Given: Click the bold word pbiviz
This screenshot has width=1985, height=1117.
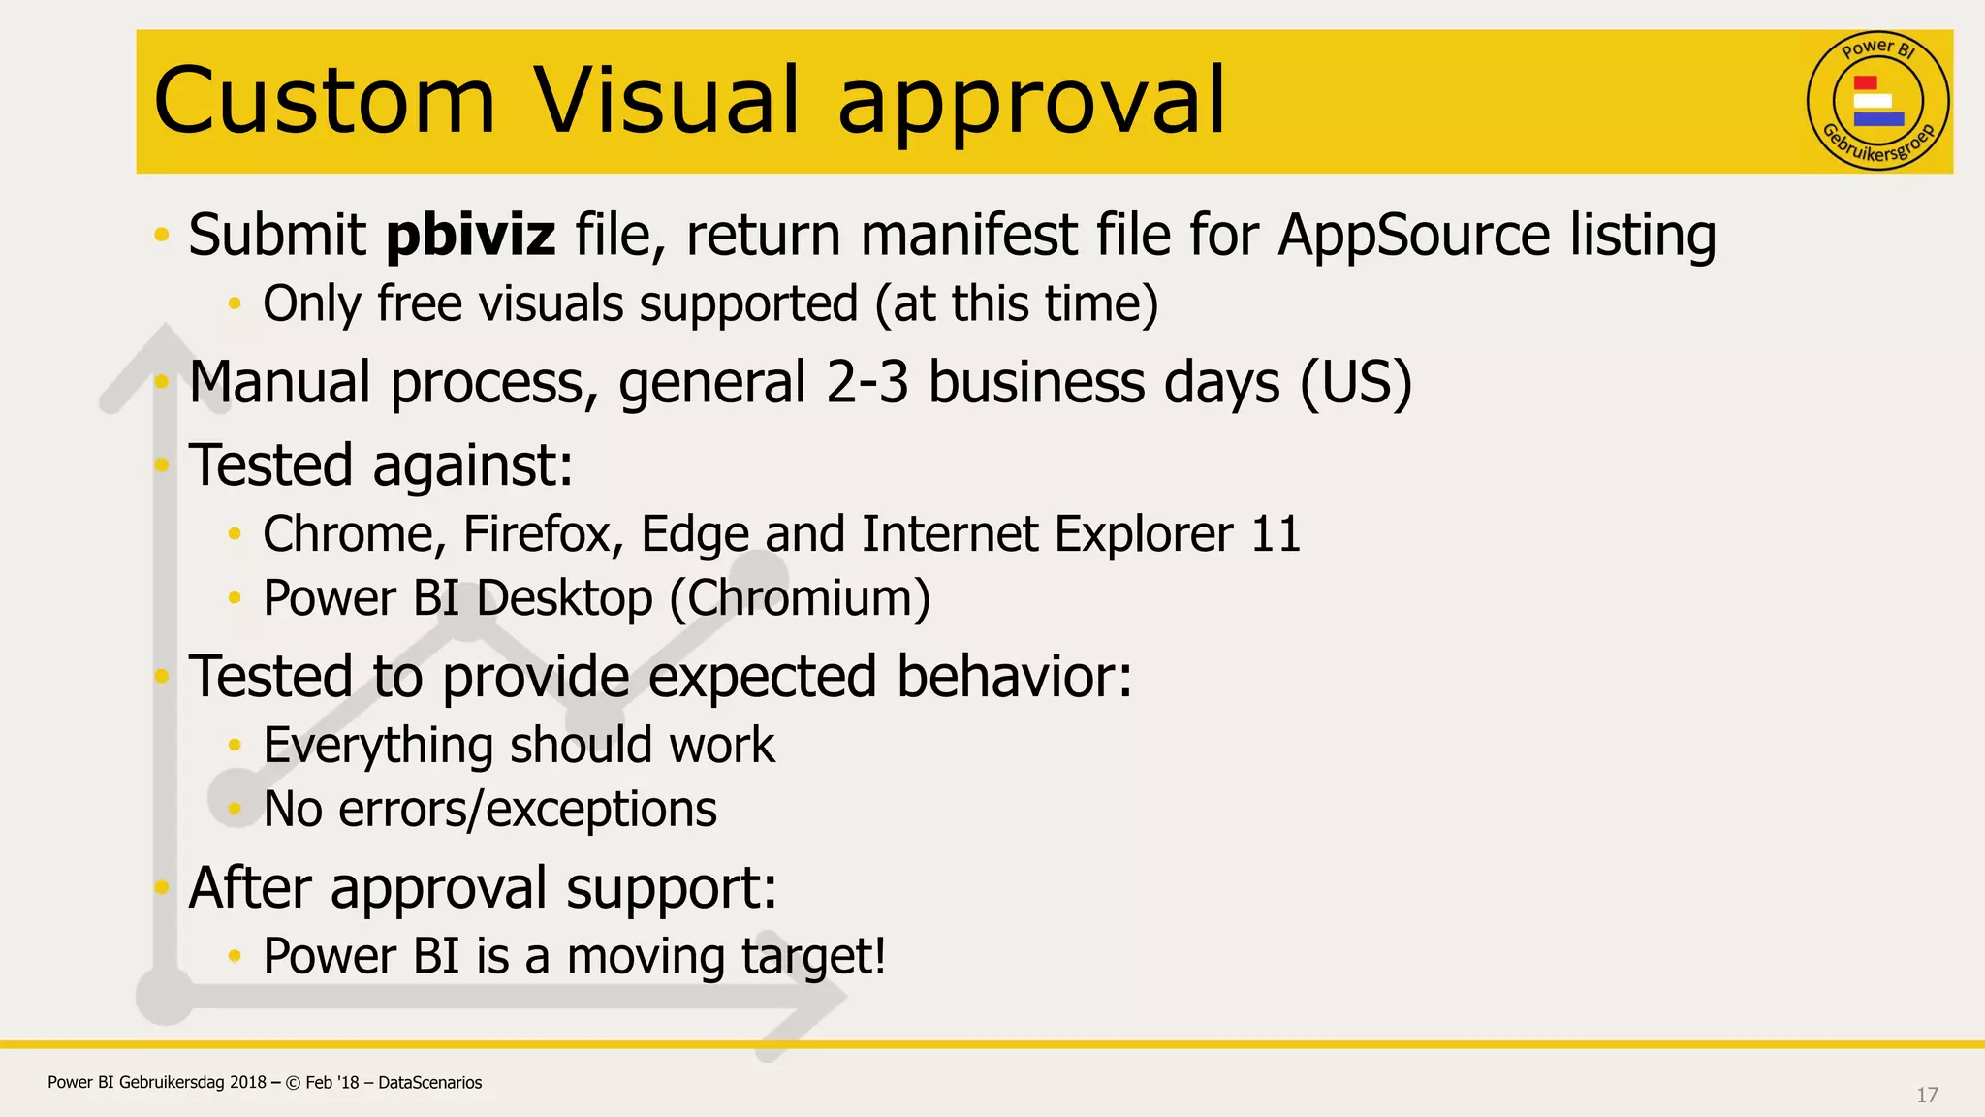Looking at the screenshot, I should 471,236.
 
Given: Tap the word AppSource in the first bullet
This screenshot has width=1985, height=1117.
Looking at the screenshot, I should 1414,236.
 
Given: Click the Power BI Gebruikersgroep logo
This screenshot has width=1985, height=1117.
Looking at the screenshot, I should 1877,101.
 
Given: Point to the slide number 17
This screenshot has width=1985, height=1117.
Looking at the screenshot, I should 1927,1095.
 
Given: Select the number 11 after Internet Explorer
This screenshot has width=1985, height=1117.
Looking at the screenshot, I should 1276,534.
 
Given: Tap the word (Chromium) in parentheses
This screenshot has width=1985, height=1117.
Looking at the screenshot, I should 800,598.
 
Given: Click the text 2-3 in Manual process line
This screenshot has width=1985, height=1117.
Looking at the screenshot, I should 867,382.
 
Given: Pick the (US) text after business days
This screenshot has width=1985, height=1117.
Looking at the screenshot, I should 1355,382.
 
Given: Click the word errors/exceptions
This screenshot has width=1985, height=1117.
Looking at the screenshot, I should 527,810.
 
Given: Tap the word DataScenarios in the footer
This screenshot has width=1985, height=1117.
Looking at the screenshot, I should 429,1083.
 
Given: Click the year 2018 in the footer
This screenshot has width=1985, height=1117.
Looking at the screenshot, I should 248,1083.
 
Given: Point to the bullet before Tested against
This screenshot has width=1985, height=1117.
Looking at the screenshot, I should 162,465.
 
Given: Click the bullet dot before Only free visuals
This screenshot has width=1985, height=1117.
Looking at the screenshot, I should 234,304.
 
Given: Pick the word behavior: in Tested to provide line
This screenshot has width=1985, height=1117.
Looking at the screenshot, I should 1014,676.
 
